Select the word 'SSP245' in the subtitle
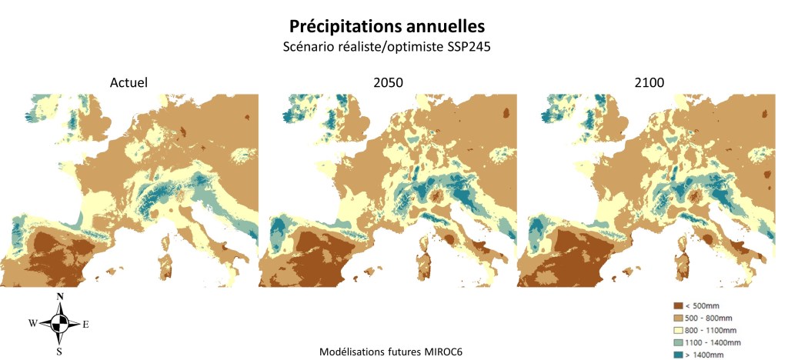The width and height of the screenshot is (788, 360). pyautogui.click(x=469, y=46)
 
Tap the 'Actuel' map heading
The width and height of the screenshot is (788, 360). pyautogui.click(x=129, y=82)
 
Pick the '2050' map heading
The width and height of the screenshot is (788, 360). pyautogui.click(x=386, y=82)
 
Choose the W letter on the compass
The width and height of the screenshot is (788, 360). pyautogui.click(x=33, y=324)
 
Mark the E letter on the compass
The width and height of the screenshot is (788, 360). pyautogui.click(x=85, y=325)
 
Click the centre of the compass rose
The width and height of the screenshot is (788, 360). pyautogui.click(x=59, y=324)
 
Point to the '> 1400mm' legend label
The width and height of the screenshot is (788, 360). pyautogui.click(x=709, y=355)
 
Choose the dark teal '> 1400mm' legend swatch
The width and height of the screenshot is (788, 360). pyautogui.click(x=677, y=355)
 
